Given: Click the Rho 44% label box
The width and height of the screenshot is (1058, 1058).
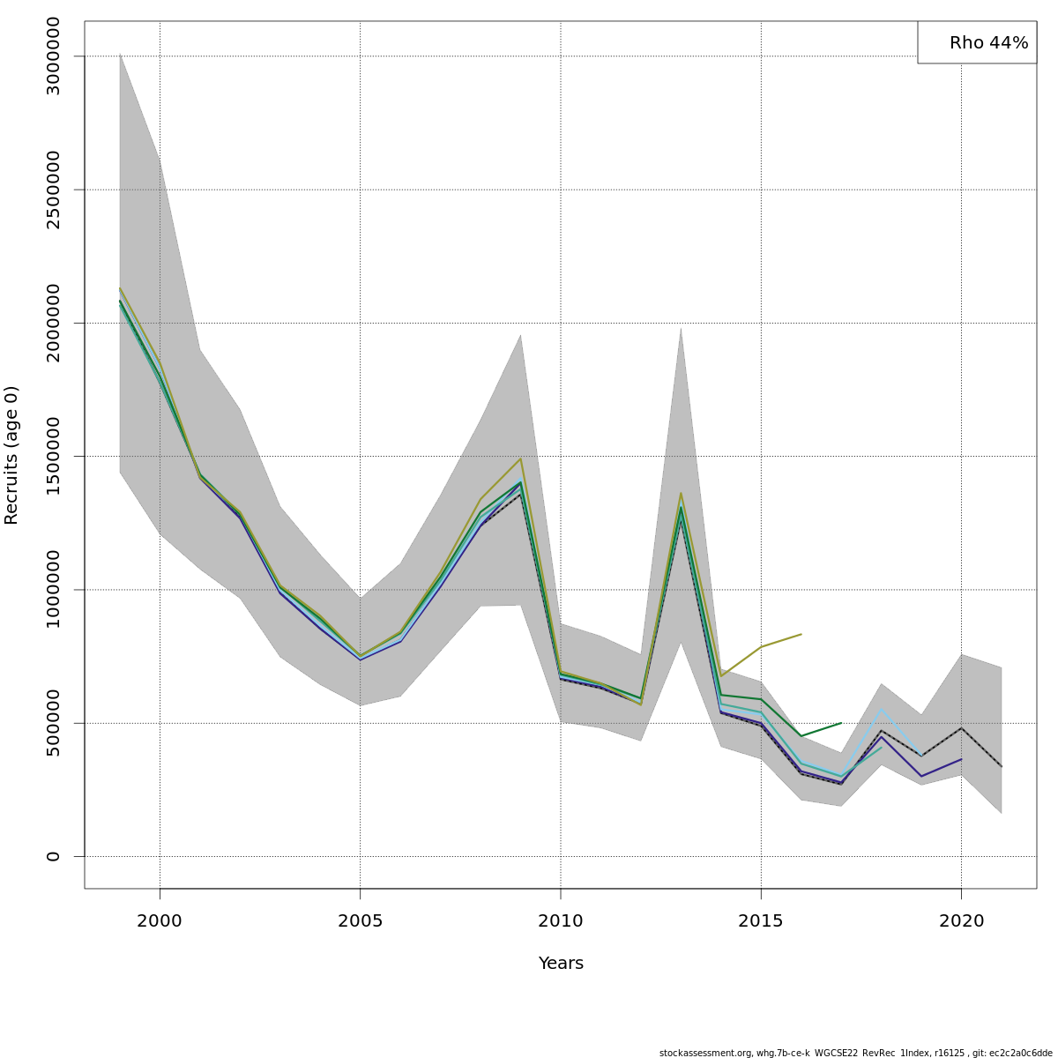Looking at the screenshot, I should point(977,42).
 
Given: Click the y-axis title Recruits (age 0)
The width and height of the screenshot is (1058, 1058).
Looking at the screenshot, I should point(11,455).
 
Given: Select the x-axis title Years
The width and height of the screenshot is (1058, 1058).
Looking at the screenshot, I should point(561,964).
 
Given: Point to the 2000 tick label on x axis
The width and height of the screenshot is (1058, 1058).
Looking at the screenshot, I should point(160,921).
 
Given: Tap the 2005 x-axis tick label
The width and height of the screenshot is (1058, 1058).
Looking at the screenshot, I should point(360,921).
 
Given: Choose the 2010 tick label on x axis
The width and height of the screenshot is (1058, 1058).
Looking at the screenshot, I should point(561,921).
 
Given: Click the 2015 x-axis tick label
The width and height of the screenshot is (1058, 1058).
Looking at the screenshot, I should point(761,921).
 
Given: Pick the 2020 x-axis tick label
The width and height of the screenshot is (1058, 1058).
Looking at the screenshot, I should point(961,921).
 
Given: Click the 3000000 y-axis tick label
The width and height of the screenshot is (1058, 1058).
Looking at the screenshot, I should point(54,56).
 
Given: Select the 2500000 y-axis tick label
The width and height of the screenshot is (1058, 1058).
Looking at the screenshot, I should point(54,190).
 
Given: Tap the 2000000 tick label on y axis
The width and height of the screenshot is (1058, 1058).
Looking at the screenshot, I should point(54,323).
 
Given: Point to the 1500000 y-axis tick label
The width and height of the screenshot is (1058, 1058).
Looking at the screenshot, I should point(54,456).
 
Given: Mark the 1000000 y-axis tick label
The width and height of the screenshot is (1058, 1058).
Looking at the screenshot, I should point(54,589).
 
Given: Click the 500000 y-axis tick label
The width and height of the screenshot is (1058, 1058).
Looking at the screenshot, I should point(54,723).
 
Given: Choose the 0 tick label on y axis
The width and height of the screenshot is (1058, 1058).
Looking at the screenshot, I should point(54,856).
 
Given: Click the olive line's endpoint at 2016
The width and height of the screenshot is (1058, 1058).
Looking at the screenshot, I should point(801,634).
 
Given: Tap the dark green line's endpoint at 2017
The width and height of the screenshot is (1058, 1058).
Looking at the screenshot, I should point(841,723).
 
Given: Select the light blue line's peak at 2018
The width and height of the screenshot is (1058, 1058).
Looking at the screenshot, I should point(881,709).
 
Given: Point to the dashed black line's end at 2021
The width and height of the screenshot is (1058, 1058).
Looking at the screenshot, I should point(1001,766).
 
